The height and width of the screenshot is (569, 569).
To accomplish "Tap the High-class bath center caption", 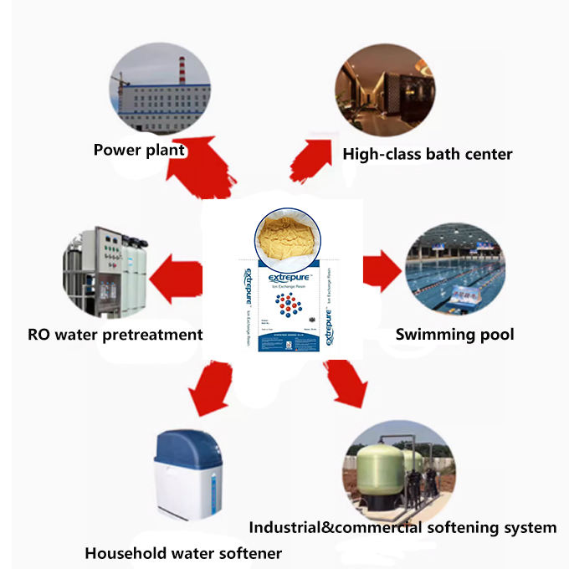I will point(427,154).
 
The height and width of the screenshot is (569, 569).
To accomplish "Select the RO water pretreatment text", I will point(115,335).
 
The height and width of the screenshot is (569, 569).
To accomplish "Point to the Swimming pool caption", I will point(454,335).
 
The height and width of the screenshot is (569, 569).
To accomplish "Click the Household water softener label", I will point(183,553).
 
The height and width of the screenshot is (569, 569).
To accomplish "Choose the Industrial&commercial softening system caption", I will point(402,527).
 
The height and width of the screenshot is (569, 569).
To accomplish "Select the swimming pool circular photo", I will point(454,269).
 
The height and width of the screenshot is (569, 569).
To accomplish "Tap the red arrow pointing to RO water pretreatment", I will point(177,275).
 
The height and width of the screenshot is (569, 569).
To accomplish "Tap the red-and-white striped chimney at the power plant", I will point(182,70).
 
